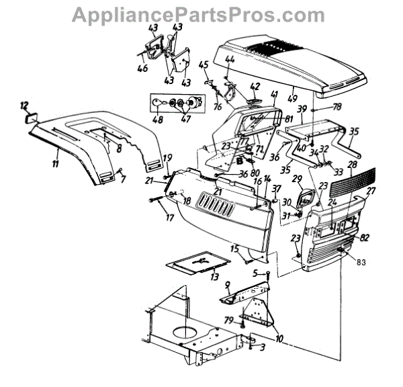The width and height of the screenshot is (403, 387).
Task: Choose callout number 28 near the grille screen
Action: pyautogui.click(x=352, y=165)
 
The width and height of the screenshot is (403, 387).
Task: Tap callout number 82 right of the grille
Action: pyautogui.click(x=364, y=239)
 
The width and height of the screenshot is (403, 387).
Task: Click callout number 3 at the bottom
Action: pyautogui.click(x=263, y=347)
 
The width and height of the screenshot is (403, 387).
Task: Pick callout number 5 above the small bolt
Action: pyautogui.click(x=255, y=272)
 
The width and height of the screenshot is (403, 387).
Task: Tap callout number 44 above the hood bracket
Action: pyautogui.click(x=230, y=60)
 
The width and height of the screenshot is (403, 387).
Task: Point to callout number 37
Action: pyautogui.click(x=275, y=187)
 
